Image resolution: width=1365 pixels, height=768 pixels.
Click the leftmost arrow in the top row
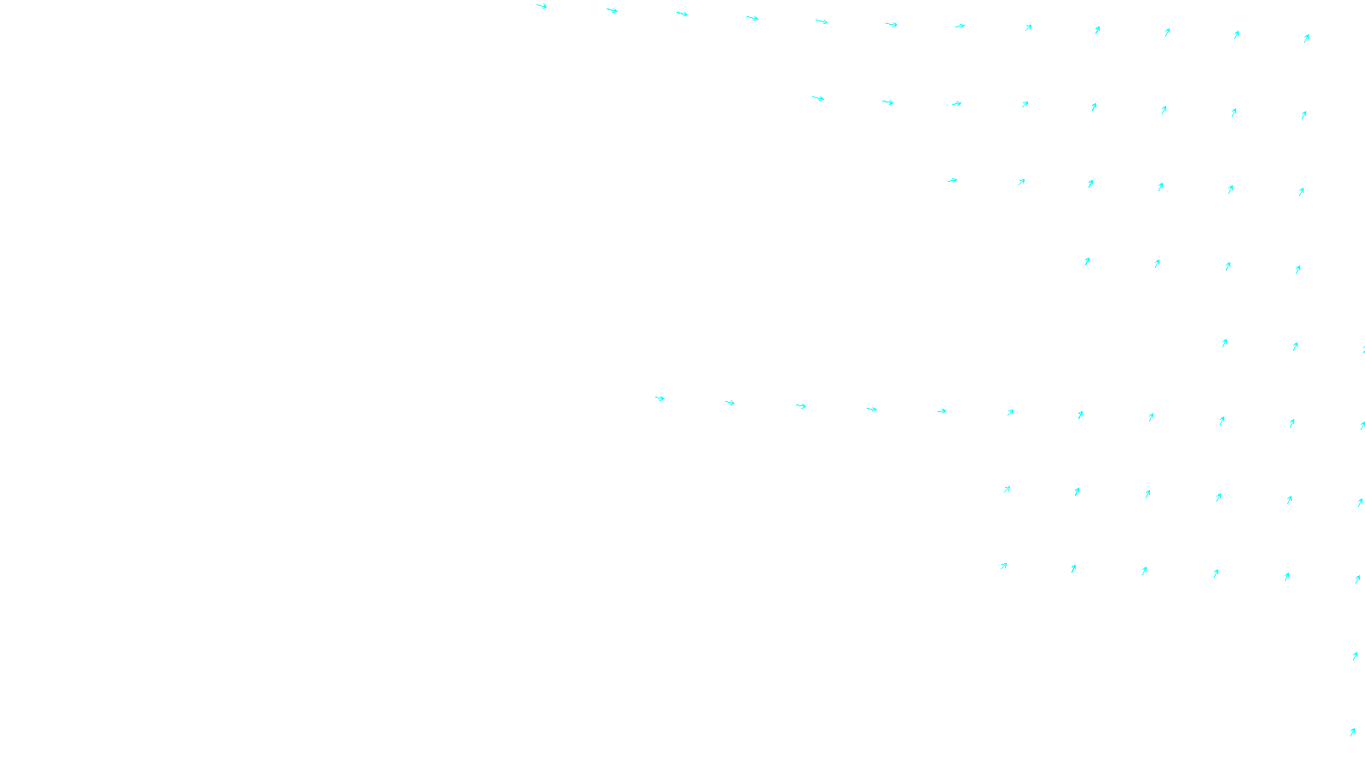point(542,6)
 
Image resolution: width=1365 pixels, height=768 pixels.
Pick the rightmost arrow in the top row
point(1306,38)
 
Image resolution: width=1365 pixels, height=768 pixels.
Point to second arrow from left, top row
point(612,10)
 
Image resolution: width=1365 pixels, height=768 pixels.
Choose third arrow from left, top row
point(682,14)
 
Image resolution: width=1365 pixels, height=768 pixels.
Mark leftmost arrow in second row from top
point(818,98)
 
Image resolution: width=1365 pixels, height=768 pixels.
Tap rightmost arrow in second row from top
point(1304,114)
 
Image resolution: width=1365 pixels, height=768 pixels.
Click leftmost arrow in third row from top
point(952,180)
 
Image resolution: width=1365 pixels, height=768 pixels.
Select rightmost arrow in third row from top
point(1301,192)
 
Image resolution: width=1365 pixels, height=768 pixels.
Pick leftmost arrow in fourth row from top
point(1087,261)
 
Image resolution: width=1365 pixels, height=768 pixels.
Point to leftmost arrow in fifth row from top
point(1224,343)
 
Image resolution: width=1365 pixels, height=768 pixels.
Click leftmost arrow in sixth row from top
point(659,398)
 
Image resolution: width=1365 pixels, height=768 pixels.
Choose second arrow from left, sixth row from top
point(729,402)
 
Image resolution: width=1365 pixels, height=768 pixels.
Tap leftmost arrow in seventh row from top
point(1008,489)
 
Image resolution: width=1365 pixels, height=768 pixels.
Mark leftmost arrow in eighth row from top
point(1004,566)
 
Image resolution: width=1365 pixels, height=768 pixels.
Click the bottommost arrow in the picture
point(1352,731)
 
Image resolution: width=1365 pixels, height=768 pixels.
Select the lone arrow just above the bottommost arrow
point(1355,655)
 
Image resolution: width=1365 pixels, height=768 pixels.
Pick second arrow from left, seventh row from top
point(1077,492)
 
